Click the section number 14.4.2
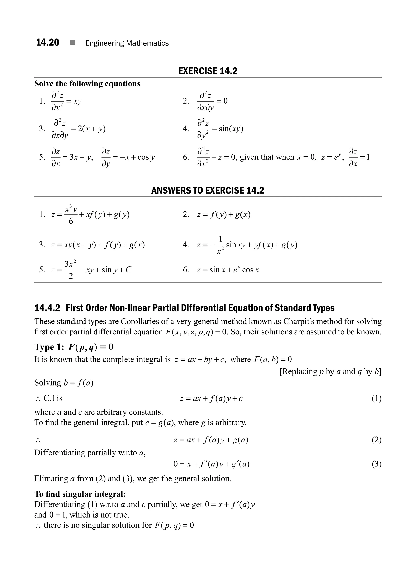[x=47, y=308]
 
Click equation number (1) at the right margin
[x=376, y=398]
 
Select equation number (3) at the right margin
[x=376, y=464]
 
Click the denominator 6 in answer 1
[x=71, y=221]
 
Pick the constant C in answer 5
[x=128, y=270]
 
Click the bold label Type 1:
[x=49, y=347]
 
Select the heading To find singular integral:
[x=80, y=494]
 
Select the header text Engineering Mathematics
[x=127, y=43]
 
